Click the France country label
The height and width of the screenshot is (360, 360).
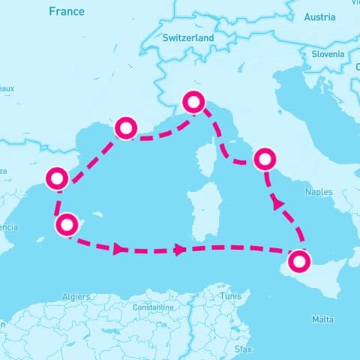(66, 12)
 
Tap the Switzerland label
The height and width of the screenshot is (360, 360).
(187, 37)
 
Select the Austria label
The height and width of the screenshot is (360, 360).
(320, 17)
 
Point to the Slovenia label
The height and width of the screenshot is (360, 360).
(327, 54)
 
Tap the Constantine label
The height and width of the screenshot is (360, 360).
(152, 307)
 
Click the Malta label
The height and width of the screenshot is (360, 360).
(322, 320)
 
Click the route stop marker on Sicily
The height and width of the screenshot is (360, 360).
(298, 262)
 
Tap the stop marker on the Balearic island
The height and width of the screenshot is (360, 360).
(67, 224)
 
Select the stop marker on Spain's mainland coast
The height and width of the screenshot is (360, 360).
(56, 178)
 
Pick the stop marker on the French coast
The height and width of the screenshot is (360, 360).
(125, 128)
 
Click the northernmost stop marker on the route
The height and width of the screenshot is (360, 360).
(194, 102)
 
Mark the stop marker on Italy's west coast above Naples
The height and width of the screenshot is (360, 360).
(264, 159)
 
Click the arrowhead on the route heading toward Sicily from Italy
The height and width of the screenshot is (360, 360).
(278, 203)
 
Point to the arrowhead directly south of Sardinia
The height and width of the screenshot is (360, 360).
(180, 250)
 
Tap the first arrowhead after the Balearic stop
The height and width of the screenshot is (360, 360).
(118, 249)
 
